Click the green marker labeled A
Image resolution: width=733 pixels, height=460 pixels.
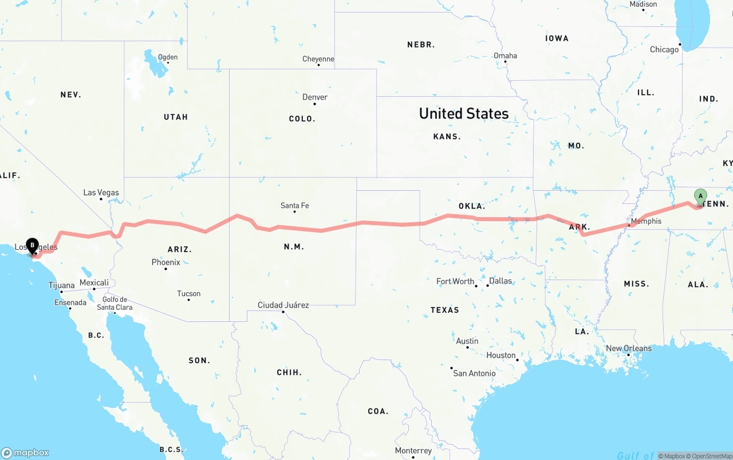coord(700,196)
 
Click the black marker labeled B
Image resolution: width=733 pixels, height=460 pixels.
coord(33,246)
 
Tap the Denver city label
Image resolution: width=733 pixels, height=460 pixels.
coord(315,97)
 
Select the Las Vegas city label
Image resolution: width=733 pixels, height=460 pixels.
coord(101,192)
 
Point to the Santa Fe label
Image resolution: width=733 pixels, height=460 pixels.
coord(294,205)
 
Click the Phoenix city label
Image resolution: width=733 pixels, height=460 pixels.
coord(165,262)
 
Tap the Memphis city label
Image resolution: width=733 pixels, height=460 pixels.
coord(646,221)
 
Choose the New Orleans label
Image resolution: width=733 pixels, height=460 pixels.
coord(628,348)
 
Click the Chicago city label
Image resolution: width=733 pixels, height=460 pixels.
coord(664,50)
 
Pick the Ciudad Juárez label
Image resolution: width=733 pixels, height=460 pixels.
coord(283,305)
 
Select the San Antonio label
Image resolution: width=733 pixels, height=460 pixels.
coord(474,373)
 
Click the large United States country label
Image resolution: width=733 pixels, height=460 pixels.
coord(464,113)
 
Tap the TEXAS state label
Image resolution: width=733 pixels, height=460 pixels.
coord(444,310)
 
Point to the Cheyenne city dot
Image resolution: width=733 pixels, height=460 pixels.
coord(318,65)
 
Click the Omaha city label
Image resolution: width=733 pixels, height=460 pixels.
coord(505,56)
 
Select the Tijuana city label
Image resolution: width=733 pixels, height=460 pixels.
coord(61,285)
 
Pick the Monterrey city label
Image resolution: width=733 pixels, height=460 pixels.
coord(413,451)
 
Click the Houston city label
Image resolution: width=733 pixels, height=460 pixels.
coord(501,355)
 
